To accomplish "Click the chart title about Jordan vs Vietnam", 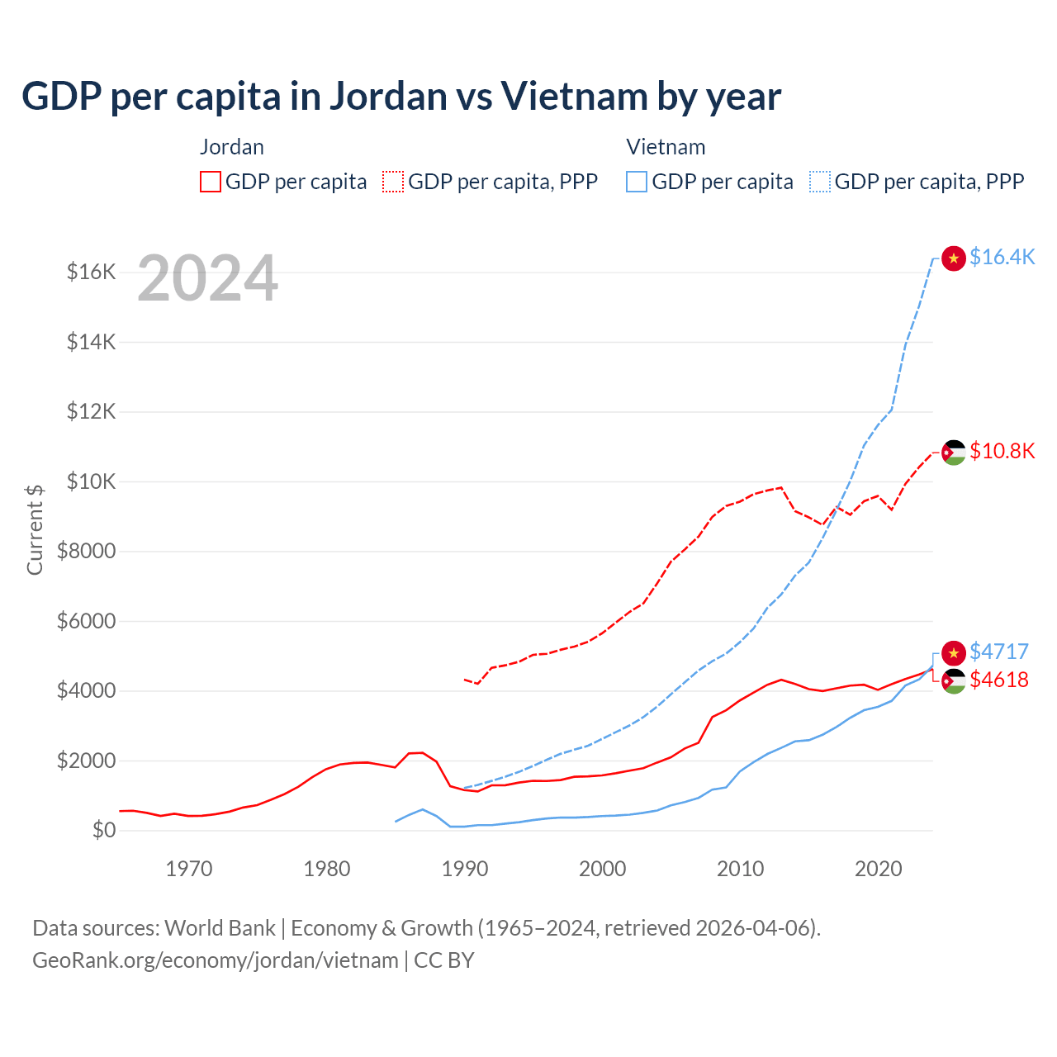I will (401, 96).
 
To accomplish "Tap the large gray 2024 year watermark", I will (207, 279).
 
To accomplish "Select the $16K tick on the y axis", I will (92, 272).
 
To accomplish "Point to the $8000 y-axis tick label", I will (87, 551).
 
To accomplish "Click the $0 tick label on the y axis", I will (104, 830).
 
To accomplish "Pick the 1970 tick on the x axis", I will (189, 869).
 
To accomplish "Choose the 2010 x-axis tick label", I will (741, 869).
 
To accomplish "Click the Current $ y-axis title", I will (35, 529).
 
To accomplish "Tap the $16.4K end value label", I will (1002, 257).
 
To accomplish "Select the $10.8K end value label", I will (1002, 451).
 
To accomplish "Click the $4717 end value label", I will (999, 652).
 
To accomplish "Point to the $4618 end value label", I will (999, 680).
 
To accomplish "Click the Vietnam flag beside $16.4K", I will (954, 258).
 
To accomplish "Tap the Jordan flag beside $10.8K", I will (954, 452).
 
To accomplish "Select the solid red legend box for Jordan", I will (211, 182).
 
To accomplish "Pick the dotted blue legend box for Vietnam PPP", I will (820, 182).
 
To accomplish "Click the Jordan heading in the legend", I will (232, 147).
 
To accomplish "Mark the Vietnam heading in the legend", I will (666, 147).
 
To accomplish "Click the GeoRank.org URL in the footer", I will (216, 960).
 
